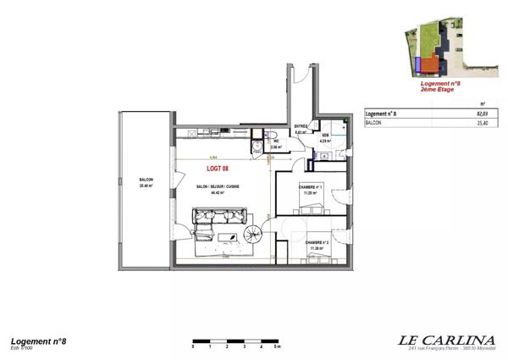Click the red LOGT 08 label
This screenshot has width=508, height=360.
218,169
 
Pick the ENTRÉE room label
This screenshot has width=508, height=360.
301,128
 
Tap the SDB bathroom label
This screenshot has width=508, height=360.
323,136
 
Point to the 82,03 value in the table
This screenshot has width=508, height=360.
483,114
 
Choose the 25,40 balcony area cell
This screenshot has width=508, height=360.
483,123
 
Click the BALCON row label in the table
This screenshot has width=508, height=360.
373,123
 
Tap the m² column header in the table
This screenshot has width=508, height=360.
483,102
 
